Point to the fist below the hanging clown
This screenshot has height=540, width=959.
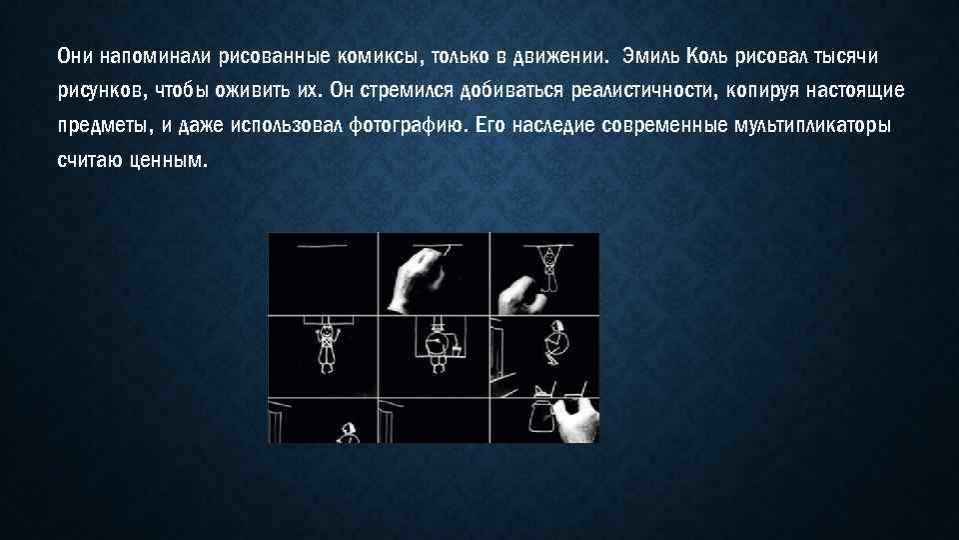(519, 293)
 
